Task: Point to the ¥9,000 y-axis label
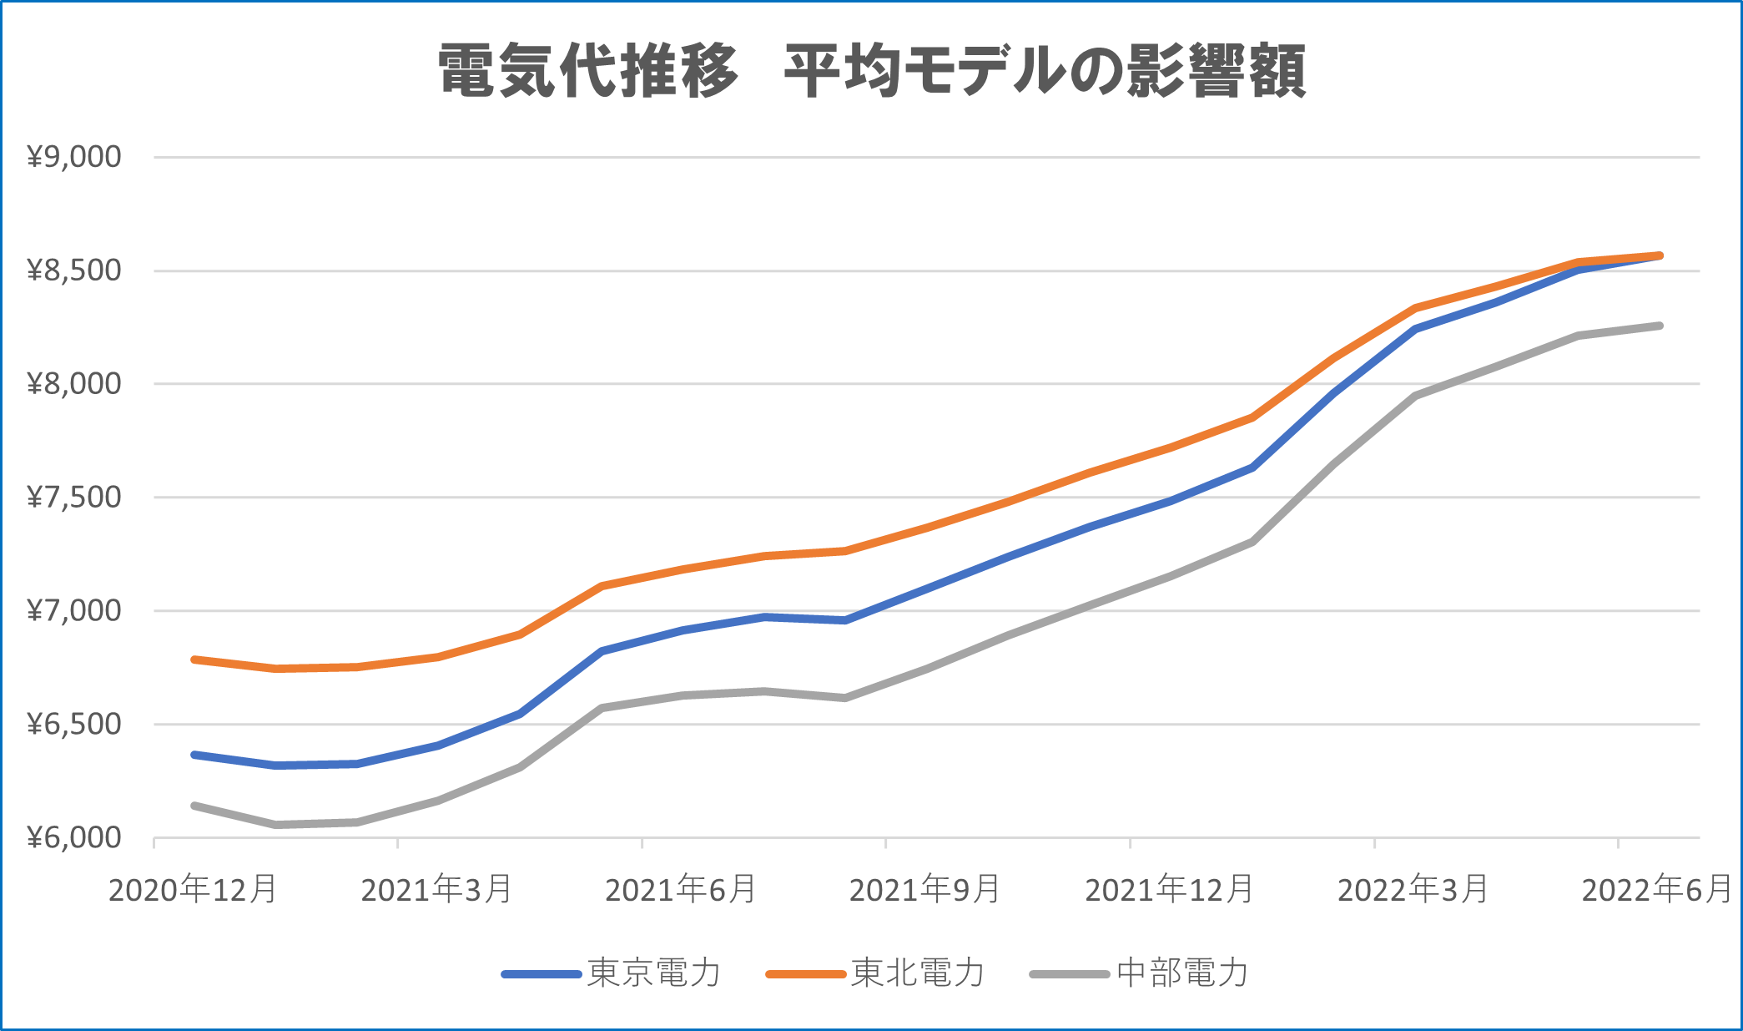[74, 157]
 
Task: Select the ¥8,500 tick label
[74, 270]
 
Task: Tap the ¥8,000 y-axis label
[74, 384]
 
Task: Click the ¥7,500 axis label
[74, 498]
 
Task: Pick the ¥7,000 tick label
[74, 611]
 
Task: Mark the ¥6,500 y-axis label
[74, 725]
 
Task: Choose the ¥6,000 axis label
[74, 838]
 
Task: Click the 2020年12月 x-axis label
[193, 890]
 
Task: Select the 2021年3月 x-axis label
[436, 890]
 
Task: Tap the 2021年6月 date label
[681, 890]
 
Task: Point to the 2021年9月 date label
[925, 890]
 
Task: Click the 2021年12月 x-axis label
[1169, 890]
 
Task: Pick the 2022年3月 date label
[1413, 890]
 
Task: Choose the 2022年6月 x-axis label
[1657, 890]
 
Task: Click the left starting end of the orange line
[194, 660]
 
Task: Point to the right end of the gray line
[1660, 326]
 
